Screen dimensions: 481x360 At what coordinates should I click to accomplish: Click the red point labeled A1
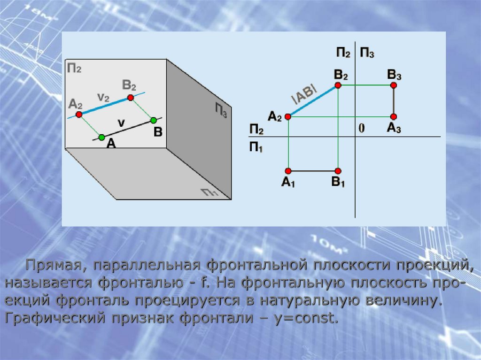(x=288, y=171)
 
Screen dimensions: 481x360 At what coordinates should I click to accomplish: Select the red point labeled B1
(x=338, y=171)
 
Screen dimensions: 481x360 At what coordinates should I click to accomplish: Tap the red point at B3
(x=394, y=85)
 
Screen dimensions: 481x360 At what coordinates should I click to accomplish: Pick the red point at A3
(x=394, y=116)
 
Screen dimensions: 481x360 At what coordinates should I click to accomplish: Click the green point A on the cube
(x=101, y=137)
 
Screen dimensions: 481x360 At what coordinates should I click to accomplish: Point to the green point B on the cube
(x=153, y=120)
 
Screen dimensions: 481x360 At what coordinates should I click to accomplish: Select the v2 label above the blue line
(x=103, y=97)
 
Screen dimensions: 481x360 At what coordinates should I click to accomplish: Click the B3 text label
(x=394, y=75)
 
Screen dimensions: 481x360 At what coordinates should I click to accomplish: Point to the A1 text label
(x=288, y=183)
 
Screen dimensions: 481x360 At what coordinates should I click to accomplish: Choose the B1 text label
(x=338, y=183)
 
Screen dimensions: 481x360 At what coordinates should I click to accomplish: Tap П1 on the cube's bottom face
(x=210, y=192)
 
